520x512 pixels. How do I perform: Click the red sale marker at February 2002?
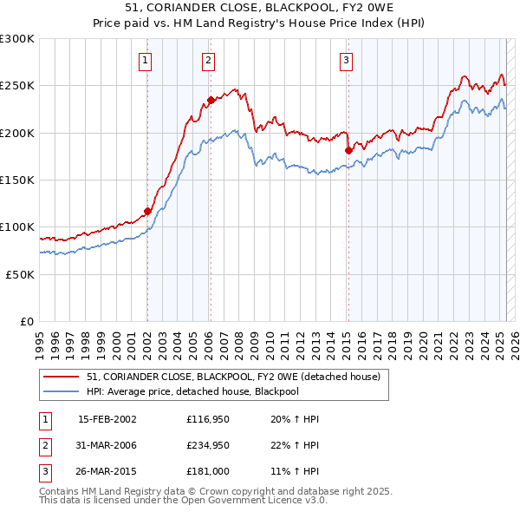[147, 211]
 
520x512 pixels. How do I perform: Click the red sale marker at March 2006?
[211, 100]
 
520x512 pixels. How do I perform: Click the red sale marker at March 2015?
[348, 150]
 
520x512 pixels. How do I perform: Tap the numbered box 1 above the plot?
[145, 60]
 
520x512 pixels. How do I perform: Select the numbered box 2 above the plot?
[209, 60]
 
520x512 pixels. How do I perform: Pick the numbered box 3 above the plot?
[346, 60]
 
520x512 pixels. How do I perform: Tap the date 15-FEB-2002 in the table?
[107, 419]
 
